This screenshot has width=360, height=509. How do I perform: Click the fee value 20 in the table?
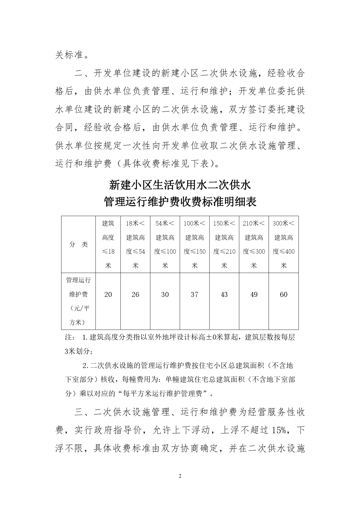[x=108, y=295]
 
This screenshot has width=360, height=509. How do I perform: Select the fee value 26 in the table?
[x=135, y=295]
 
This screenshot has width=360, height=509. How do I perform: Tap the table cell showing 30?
[x=165, y=295]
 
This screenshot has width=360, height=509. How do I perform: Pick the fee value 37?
[x=194, y=295]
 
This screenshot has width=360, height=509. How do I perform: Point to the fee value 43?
[x=224, y=295]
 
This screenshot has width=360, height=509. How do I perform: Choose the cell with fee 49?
[x=254, y=295]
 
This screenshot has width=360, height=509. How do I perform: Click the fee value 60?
[x=283, y=295]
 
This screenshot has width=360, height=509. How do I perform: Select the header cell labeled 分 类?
[x=79, y=244]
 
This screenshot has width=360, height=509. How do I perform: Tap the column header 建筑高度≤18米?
[x=108, y=244]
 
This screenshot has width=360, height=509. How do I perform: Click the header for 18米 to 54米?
[x=135, y=244]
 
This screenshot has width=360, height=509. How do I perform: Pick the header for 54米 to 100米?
[x=165, y=244]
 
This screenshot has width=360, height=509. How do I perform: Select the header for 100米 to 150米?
[x=194, y=244]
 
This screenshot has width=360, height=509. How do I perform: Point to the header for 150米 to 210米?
[x=224, y=244]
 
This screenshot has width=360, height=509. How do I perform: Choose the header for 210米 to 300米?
[x=254, y=244]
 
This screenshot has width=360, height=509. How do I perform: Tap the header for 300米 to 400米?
[x=283, y=244]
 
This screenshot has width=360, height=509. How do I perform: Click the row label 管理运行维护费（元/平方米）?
[x=79, y=301]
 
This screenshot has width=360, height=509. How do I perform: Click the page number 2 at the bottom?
[x=180, y=476]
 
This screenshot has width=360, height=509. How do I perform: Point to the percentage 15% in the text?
[x=279, y=430]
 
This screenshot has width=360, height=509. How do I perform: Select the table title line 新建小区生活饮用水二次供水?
[x=180, y=185]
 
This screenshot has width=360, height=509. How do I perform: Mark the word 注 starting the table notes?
[x=69, y=337]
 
